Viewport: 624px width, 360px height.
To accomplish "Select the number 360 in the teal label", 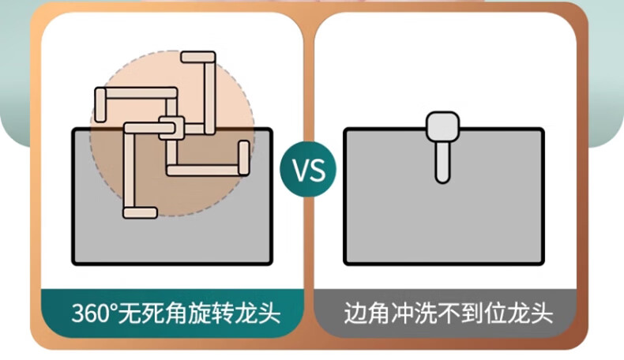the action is [89, 313].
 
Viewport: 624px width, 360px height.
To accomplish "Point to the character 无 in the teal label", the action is [130, 313].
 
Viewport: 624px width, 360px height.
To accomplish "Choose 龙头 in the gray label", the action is [535, 313].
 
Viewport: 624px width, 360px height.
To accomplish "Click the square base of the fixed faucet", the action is [443, 126].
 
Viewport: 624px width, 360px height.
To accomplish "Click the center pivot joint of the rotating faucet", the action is [171, 127].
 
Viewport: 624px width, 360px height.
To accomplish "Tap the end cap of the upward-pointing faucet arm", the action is [198, 57].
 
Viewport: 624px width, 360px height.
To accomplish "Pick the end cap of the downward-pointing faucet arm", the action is [139, 210].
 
